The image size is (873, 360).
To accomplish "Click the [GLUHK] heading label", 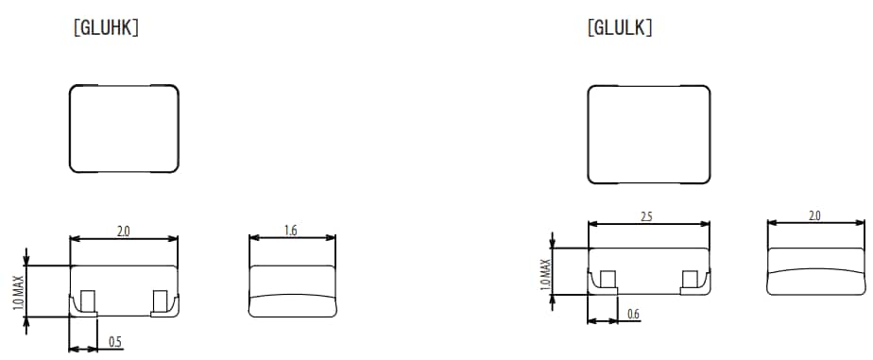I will [x=106, y=28].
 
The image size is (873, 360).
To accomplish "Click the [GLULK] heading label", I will [x=620, y=28].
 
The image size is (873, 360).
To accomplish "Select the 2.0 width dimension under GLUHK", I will [x=124, y=230].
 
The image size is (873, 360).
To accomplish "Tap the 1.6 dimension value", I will [x=291, y=230].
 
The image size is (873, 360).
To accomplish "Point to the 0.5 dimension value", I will [x=114, y=341].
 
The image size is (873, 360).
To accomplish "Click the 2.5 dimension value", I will [x=648, y=215].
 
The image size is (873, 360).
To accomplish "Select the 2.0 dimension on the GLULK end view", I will [x=813, y=215].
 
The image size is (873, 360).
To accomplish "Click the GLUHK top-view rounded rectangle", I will [x=124, y=129].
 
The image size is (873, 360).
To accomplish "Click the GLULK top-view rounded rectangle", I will [x=648, y=134].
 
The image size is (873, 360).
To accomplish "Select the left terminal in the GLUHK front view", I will [x=87, y=302].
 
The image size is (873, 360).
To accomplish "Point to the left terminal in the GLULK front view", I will [x=607, y=280].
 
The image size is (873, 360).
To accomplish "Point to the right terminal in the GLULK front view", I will [x=692, y=279].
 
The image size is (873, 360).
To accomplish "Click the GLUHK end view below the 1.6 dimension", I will [x=291, y=291].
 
